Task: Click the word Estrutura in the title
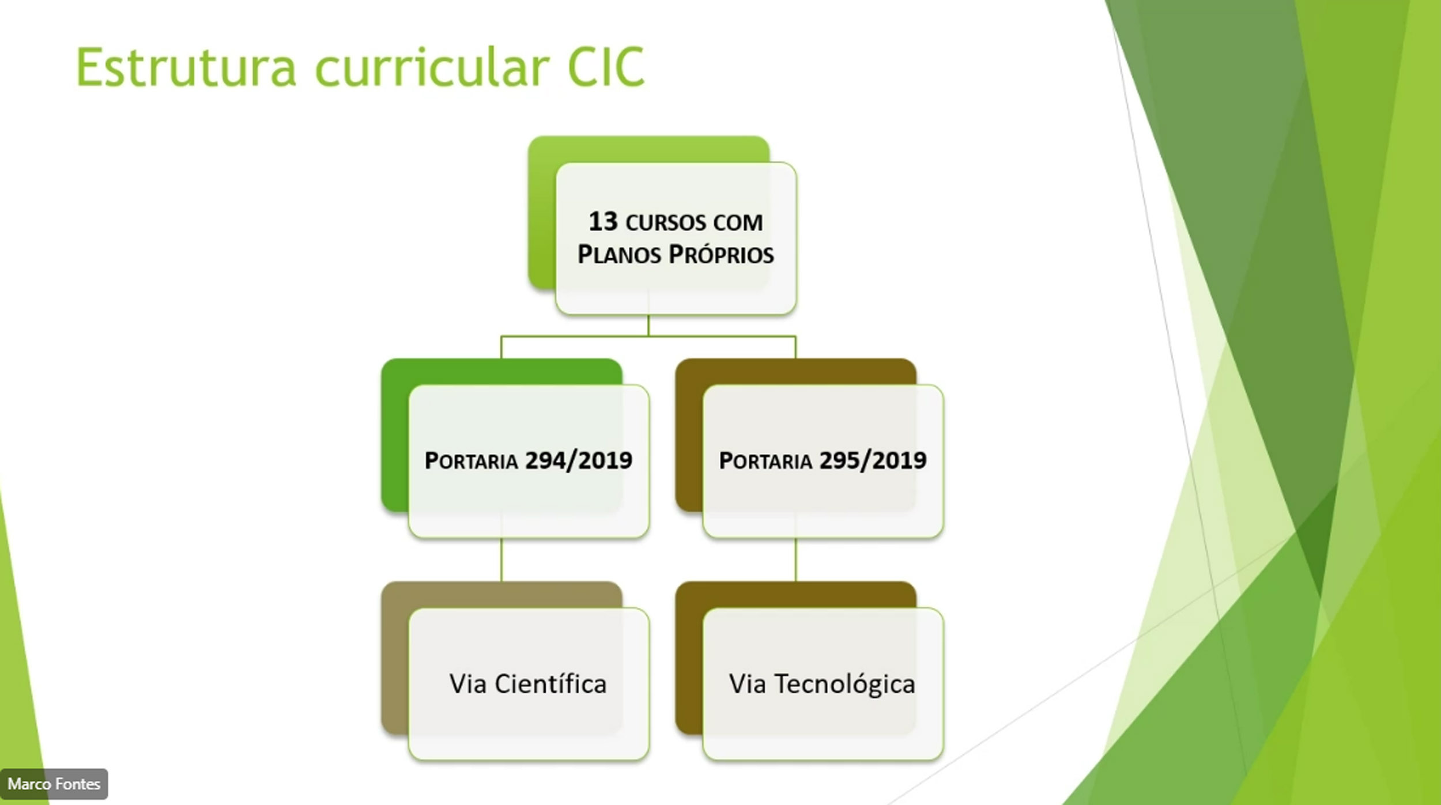(186, 67)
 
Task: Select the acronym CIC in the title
(606, 67)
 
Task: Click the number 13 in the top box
(603, 222)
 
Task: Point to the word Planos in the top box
(619, 254)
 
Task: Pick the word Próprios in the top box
(721, 254)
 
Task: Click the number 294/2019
(579, 460)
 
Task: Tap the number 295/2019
(873, 460)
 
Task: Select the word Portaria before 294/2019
(471, 461)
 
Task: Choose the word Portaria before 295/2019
(765, 461)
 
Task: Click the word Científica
(550, 684)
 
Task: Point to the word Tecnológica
(844, 684)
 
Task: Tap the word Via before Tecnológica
(748, 684)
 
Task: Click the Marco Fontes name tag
(54, 784)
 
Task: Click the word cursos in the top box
(666, 222)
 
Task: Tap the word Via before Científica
(468, 684)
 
